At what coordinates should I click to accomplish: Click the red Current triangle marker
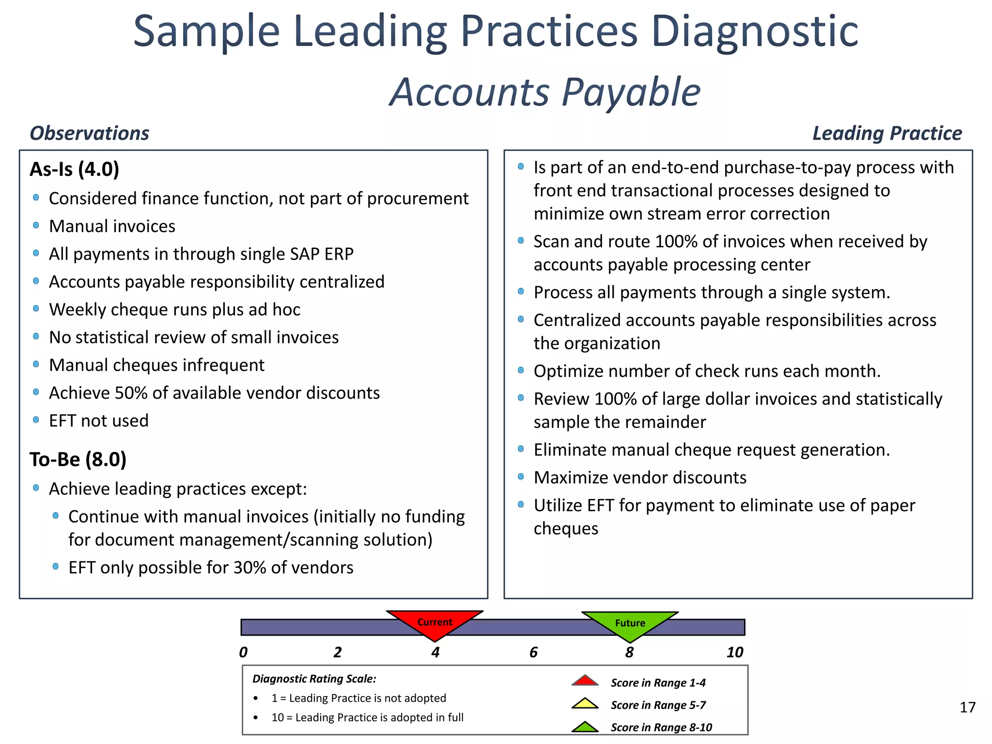click(x=434, y=623)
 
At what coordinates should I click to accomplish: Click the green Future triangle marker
click(x=630, y=624)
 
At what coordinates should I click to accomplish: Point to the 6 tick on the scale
click(x=533, y=652)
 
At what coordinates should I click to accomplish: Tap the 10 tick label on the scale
click(x=734, y=652)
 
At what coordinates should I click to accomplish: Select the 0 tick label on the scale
click(x=243, y=652)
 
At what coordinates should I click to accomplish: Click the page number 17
click(x=967, y=708)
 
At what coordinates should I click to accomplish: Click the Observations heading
click(x=89, y=133)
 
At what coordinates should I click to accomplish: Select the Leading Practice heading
click(x=886, y=133)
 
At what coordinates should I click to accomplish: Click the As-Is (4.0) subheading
click(x=74, y=169)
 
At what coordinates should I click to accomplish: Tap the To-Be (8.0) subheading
click(x=77, y=459)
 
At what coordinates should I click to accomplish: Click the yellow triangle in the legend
click(x=585, y=703)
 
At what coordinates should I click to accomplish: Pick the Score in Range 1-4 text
click(x=658, y=682)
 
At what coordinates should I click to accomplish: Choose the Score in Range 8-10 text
click(x=661, y=727)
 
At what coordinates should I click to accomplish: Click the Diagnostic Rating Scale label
click(x=314, y=679)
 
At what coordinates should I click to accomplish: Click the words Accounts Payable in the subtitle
click(x=545, y=92)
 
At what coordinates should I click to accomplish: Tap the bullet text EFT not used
click(x=99, y=420)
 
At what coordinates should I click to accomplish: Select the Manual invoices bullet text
click(x=112, y=226)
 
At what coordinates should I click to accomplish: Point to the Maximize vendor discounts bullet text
click(x=639, y=478)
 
